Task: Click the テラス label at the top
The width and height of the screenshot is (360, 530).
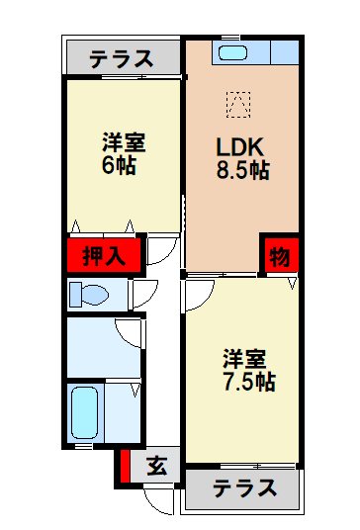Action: [x=121, y=58]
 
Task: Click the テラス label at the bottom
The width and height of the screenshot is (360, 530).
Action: [x=242, y=488]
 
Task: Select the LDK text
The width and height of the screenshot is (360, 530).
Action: [x=238, y=146]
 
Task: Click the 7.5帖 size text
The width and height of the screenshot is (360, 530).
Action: [x=247, y=382]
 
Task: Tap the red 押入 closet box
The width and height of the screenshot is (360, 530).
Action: [x=104, y=256]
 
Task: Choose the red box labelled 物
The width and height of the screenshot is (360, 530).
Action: [x=279, y=256]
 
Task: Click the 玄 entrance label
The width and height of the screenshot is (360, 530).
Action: [x=156, y=466]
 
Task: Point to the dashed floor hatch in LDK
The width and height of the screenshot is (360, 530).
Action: [x=237, y=101]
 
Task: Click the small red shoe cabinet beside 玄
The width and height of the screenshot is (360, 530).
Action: [x=126, y=467]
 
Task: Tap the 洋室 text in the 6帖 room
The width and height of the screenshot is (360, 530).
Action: [x=124, y=142]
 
